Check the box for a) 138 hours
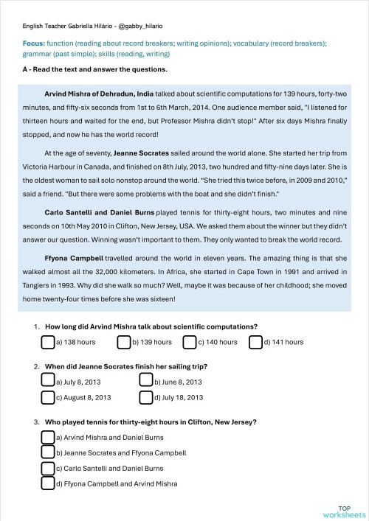pos(48,342)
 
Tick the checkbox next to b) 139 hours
pos(124,342)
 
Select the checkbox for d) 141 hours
pos(256,342)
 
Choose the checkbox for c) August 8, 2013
pos(48,396)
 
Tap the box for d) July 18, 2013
pos(145,396)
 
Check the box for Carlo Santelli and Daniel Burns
pos(48,468)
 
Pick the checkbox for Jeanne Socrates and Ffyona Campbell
pos(48,452)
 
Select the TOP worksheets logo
pos(343,511)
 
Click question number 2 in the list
pos(37,366)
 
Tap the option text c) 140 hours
pos(218,342)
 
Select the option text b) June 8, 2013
pos(177,382)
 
